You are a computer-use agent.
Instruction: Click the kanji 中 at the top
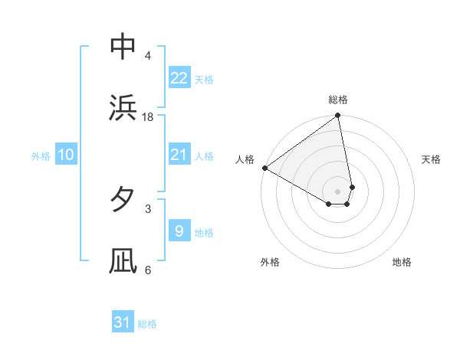[123, 47]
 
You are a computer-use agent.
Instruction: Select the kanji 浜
[123, 108]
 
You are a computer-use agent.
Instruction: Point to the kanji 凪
[123, 260]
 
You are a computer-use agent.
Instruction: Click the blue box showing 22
[179, 78]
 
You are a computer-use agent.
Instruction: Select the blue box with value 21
[179, 155]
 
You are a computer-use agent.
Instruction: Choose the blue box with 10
[66, 155]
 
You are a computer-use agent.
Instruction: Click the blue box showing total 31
[123, 323]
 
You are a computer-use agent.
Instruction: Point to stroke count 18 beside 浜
[148, 117]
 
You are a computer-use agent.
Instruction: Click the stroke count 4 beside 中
[147, 56]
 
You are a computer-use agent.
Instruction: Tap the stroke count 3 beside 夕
[147, 208]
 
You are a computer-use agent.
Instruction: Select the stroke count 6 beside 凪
[147, 270]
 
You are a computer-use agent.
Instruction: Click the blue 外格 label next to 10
[41, 155]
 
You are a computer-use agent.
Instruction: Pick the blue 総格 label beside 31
[147, 324]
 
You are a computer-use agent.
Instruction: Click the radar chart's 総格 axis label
[338, 100]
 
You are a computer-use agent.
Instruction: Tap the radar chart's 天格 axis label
[432, 159]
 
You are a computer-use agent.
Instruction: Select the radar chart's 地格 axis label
[402, 263]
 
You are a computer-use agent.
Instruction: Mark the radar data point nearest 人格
[264, 168]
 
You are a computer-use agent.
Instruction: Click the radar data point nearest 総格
[338, 116]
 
